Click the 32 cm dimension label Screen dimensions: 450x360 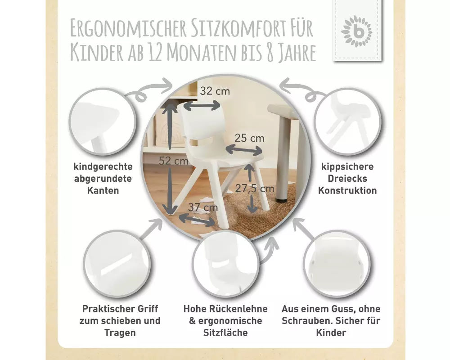pyautogui.click(x=215, y=91)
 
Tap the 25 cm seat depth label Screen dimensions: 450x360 pyautogui.click(x=249, y=138)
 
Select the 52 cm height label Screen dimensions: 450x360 pyautogui.click(x=174, y=161)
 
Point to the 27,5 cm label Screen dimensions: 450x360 pyautogui.click(x=255, y=189)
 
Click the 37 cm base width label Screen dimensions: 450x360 pyautogui.click(x=203, y=207)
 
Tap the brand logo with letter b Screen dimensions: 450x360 pyautogui.click(x=356, y=31)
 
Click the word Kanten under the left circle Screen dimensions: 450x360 pyautogui.click(x=103, y=190)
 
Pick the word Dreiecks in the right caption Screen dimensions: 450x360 pyautogui.click(x=347, y=178)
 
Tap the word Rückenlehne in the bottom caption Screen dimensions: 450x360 pyautogui.click(x=238, y=309)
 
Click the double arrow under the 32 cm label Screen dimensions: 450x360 pyautogui.click(x=202, y=106)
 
